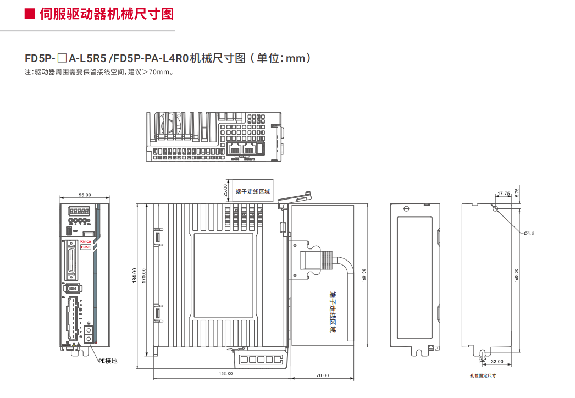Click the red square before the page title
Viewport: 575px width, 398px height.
pos(30,14)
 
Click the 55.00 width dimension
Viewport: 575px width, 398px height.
pos(85,195)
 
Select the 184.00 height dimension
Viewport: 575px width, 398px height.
pos(134,275)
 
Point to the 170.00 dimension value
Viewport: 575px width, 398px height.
pos(144,275)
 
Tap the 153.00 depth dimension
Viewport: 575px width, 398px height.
pos(226,374)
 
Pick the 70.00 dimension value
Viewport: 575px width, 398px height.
pos(323,375)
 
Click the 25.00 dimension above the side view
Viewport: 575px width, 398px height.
pos(225,190)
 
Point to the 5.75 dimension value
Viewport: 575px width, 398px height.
pos(517,192)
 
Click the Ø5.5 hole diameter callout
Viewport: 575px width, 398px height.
pos(529,233)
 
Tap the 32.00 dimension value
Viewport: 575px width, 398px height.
pos(496,362)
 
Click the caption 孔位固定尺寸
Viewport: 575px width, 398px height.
pos(483,375)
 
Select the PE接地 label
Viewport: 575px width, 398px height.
pos(108,361)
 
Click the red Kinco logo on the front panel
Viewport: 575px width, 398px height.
pos(86,241)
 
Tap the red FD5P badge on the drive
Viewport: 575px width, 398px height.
pos(86,247)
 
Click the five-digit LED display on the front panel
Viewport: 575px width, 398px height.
pos(79,211)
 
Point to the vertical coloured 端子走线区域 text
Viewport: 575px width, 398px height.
pos(332,313)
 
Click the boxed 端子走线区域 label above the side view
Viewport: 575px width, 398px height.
pos(253,191)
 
